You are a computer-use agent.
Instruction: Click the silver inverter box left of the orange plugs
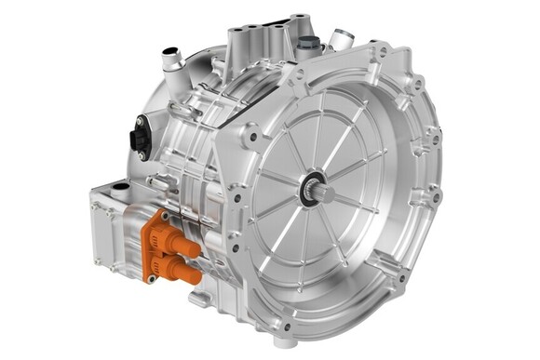pyautogui.click(x=109, y=233)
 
